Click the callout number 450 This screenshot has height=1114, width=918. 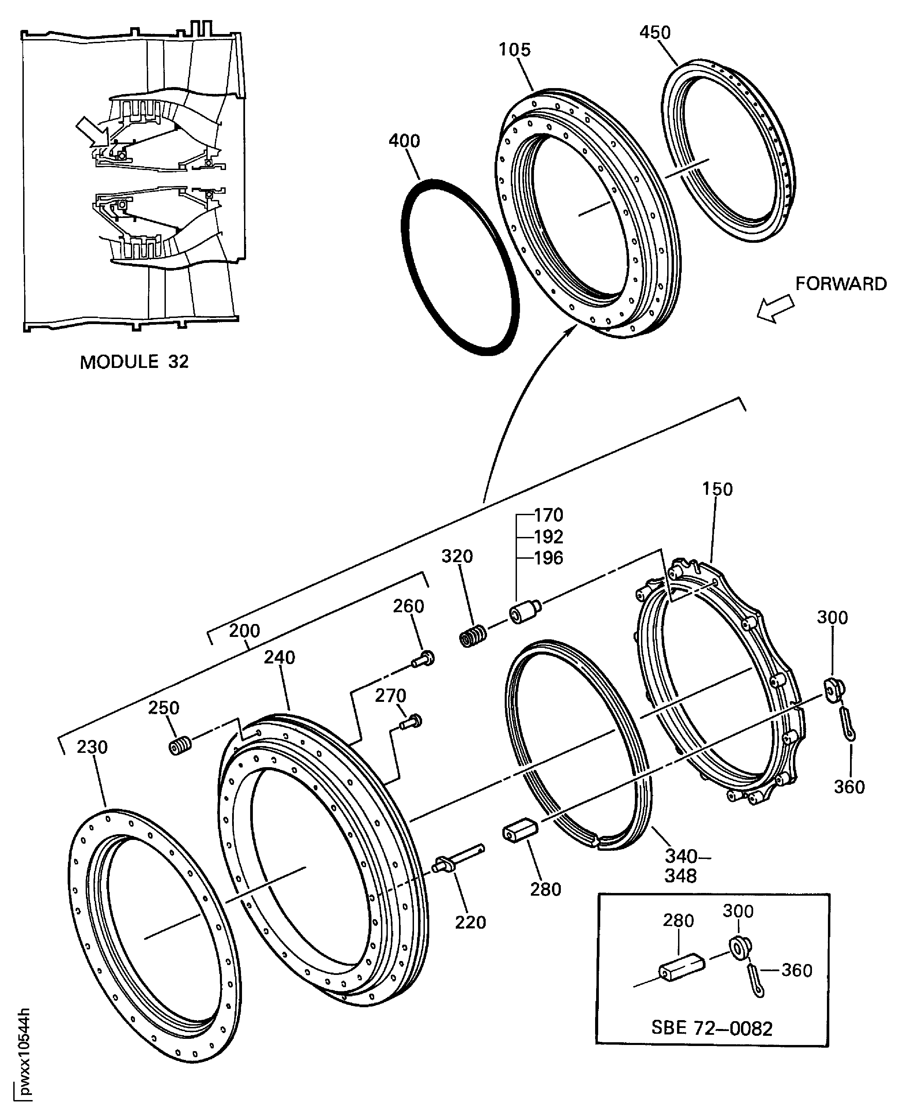pyautogui.click(x=655, y=33)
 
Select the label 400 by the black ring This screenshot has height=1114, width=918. pyautogui.click(x=404, y=141)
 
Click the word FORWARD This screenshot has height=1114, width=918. pyautogui.click(x=841, y=284)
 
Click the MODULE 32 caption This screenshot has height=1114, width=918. pyautogui.click(x=134, y=362)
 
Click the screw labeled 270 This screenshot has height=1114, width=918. pyautogui.click(x=411, y=722)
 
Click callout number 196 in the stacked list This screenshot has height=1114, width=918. pyautogui.click(x=548, y=558)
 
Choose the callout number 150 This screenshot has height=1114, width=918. pyautogui.click(x=717, y=489)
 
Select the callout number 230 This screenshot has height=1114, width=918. pyautogui.click(x=92, y=747)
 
